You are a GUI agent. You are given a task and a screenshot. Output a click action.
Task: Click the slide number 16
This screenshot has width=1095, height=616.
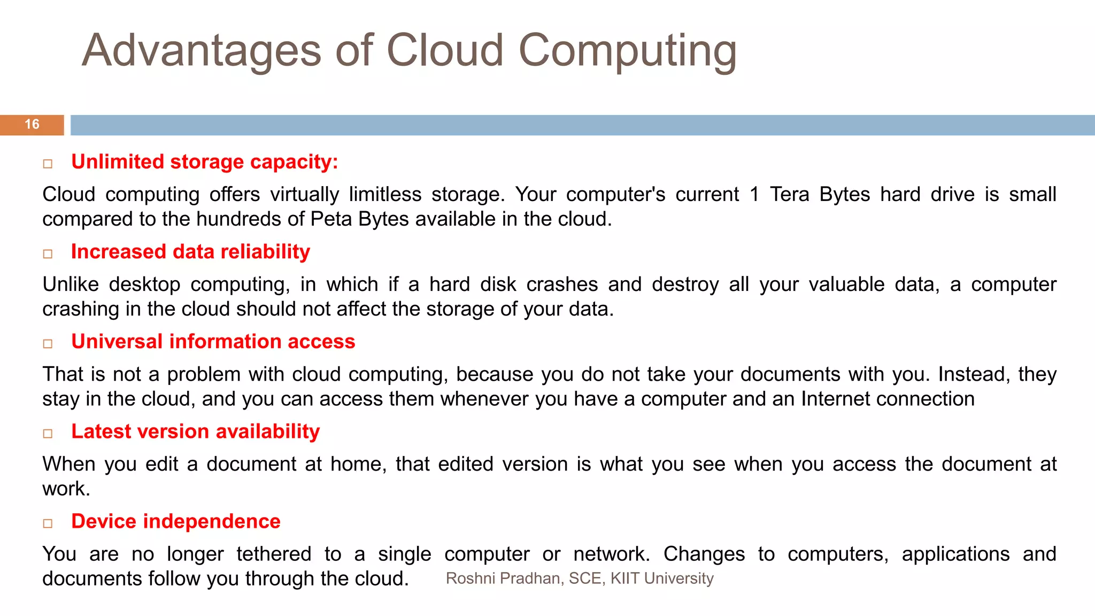32,125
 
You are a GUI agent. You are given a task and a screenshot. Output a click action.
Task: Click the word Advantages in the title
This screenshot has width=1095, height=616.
201,51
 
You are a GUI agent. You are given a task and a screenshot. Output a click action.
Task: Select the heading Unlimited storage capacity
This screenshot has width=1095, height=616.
204,162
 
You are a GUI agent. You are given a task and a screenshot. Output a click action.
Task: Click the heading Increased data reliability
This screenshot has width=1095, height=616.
190,252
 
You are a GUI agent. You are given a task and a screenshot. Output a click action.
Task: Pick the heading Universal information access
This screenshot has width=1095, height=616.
213,342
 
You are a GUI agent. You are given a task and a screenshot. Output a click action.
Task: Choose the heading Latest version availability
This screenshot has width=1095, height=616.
195,432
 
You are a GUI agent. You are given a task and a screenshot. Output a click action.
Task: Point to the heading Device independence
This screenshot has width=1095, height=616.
175,521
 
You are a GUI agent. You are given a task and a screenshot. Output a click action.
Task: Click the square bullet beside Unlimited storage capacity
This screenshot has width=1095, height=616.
48,164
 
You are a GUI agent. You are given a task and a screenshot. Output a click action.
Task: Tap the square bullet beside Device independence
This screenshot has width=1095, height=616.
48,523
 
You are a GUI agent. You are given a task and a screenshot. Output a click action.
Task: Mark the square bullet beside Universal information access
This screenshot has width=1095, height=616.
48,343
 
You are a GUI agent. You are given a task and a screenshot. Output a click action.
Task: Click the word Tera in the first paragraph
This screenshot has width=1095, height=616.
789,195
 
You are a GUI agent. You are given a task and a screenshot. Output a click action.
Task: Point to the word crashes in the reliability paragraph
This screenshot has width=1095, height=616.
562,284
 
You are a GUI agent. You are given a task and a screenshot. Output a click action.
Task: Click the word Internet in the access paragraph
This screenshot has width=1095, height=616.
835,399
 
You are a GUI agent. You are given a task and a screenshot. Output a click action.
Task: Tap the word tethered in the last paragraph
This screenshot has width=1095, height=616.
274,554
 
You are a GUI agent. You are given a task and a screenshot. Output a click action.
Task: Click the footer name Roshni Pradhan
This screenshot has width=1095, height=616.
504,579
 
